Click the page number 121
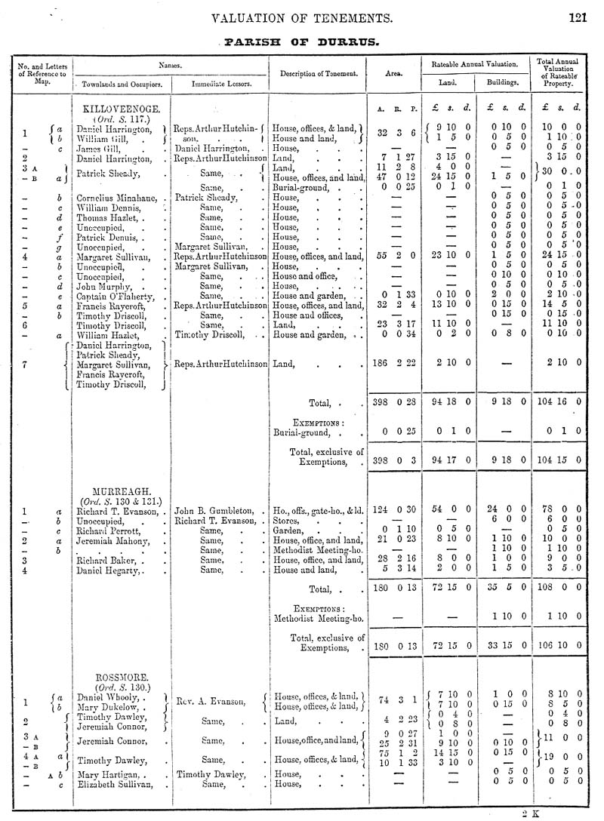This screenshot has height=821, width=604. click(x=578, y=18)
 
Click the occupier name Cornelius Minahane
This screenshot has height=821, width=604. click(x=115, y=197)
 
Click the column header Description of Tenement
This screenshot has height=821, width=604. click(x=318, y=73)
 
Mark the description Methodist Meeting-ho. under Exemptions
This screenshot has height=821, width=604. click(x=317, y=618)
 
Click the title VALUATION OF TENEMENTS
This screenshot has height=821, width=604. click(x=302, y=18)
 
